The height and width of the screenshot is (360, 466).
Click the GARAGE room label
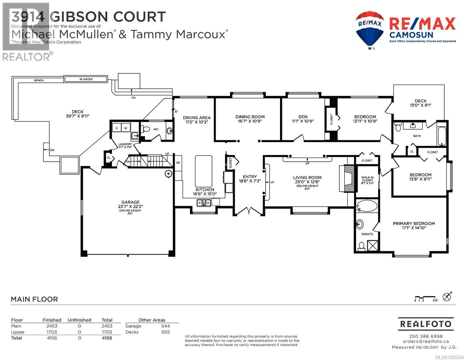point(130,202)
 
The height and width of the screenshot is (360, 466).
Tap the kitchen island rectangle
point(203,171)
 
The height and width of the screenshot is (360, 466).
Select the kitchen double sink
point(203,202)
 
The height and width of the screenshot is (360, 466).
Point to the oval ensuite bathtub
point(367,206)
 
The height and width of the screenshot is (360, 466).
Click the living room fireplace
point(349,179)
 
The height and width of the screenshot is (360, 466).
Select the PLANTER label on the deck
point(86,79)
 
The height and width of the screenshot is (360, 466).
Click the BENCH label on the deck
point(39,80)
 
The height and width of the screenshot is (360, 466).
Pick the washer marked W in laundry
point(126,128)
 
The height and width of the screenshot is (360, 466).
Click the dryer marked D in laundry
point(117,128)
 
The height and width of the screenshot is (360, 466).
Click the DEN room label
point(303,117)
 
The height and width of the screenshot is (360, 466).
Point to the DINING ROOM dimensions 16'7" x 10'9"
point(250,121)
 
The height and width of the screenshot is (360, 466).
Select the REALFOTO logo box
point(425,324)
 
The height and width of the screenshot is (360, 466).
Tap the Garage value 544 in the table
point(165,326)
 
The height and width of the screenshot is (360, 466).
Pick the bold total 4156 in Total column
point(107,338)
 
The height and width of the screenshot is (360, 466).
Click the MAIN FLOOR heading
point(34,299)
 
